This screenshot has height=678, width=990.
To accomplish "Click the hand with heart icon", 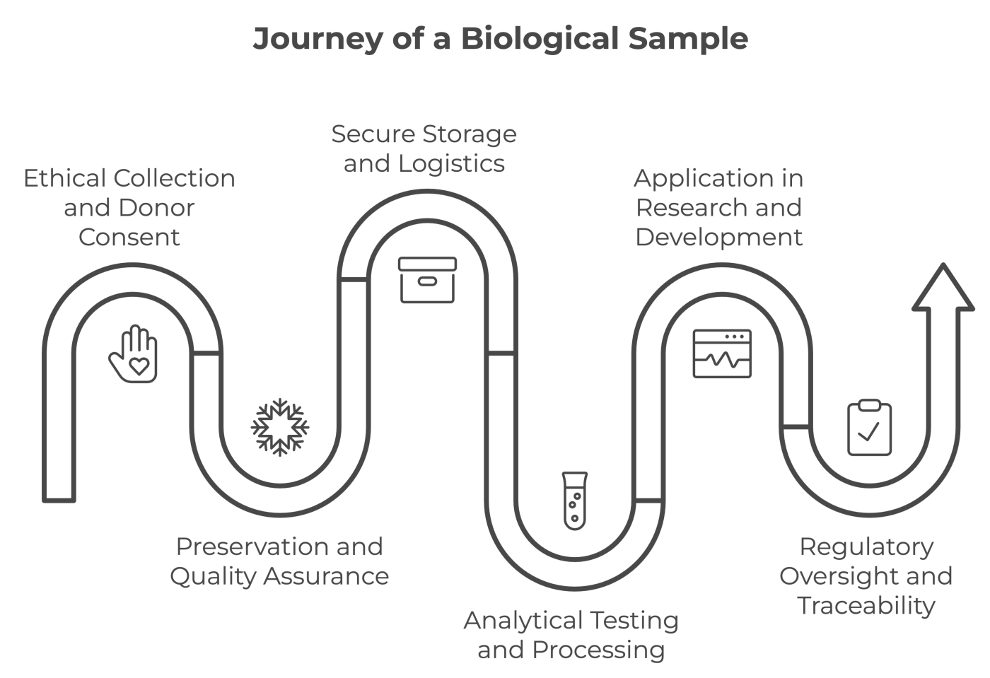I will (x=134, y=354).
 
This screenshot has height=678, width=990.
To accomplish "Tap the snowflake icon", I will (x=280, y=427).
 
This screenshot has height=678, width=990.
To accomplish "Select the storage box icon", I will (x=427, y=280).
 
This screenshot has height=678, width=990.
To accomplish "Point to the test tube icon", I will (x=575, y=501).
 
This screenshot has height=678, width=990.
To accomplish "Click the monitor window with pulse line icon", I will (x=722, y=353).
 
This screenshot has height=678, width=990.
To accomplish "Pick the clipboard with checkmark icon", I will (x=869, y=428).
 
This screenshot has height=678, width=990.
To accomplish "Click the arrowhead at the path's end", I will (x=943, y=288).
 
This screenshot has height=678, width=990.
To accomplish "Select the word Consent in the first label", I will (x=129, y=237).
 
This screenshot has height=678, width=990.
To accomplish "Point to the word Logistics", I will (x=451, y=164).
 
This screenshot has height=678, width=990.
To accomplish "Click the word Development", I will (x=718, y=237).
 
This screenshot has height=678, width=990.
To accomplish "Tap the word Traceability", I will (x=866, y=606).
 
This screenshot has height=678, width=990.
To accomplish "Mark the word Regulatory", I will (x=866, y=547).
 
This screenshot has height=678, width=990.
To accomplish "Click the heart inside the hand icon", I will (x=139, y=366).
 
